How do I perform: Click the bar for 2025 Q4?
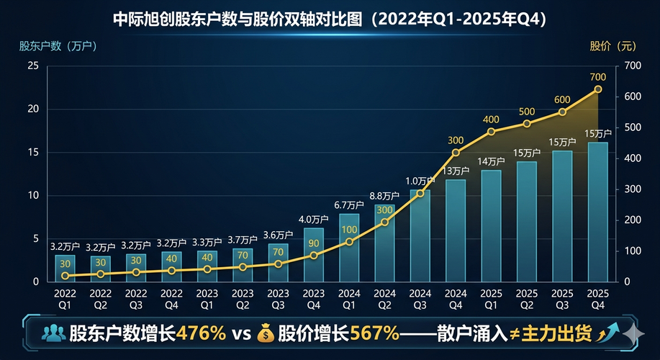[x=597, y=212]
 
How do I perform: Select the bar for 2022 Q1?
[x=65, y=267]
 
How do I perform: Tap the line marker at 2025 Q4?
[x=597, y=89]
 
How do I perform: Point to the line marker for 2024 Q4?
[x=456, y=153]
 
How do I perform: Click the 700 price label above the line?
[x=597, y=77]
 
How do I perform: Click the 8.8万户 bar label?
[x=384, y=196]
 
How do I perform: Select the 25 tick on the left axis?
[x=32, y=66]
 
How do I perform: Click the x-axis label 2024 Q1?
[x=349, y=299]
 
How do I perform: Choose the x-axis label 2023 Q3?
[x=278, y=299]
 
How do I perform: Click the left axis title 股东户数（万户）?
[x=58, y=46]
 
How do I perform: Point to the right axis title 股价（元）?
[x=613, y=46]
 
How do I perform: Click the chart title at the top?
[x=330, y=19]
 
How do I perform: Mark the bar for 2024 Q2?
[x=384, y=243]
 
